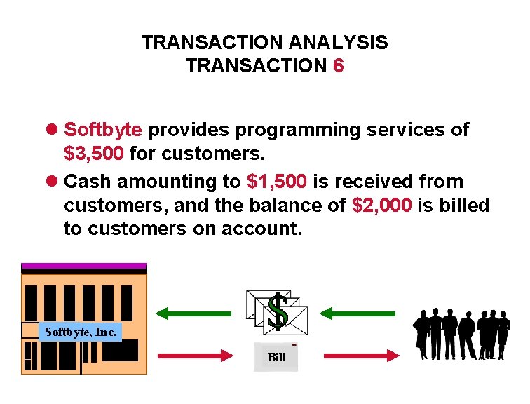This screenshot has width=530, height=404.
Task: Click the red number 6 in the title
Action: coord(338,66)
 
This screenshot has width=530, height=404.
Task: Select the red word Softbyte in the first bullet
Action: coord(103,130)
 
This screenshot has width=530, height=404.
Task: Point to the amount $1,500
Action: coord(277,182)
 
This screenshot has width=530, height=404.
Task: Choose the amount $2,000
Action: coord(381,205)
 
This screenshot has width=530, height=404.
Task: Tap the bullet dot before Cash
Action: coord(53,182)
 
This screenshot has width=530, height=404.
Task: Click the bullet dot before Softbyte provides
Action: coord(53,130)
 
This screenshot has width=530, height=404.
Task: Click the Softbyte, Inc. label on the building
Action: coord(80,332)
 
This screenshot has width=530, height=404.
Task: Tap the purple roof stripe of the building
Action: coord(84,267)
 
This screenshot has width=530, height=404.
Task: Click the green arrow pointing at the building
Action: coord(193,314)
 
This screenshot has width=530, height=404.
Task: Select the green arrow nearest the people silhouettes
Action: coord(357,314)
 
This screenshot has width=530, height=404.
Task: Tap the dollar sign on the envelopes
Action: coord(278,311)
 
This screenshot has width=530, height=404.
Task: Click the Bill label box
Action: coord(276,357)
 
